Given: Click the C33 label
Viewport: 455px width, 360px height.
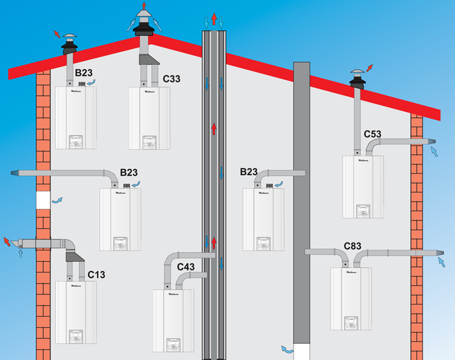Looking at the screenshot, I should (x=172, y=79).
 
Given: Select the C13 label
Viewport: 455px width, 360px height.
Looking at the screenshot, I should (x=96, y=275).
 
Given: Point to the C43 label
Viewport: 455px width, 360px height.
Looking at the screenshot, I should (x=186, y=266).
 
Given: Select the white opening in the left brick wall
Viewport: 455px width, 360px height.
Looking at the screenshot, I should (x=42, y=200).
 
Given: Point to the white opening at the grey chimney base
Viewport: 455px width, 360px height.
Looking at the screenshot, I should (x=302, y=351).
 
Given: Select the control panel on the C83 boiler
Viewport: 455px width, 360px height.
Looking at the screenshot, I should (x=351, y=321).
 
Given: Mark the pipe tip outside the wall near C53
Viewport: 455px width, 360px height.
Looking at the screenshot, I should (x=432, y=142).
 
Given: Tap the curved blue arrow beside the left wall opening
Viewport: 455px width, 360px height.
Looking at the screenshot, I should (x=57, y=199).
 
